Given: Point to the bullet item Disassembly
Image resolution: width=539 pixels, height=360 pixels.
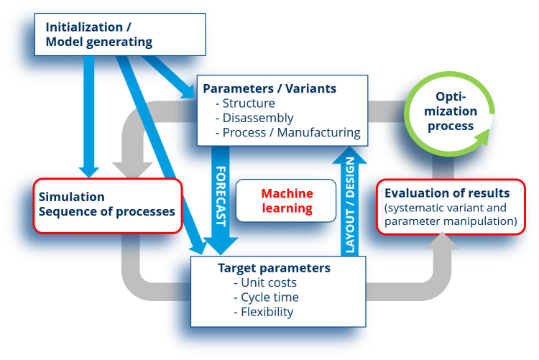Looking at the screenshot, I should click(x=258, y=118).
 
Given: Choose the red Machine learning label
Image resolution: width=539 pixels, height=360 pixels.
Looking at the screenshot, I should click(x=287, y=200).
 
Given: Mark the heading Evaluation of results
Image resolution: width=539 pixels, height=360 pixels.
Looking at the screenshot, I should click(x=447, y=193).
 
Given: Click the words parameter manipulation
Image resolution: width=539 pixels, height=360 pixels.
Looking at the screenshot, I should click(x=451, y=221).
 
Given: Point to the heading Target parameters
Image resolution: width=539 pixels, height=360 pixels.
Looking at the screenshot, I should click(x=274, y=268).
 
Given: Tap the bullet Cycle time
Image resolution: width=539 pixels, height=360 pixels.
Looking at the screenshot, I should click(x=269, y=297).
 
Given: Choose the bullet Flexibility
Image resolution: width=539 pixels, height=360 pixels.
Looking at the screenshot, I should click(x=267, y=311).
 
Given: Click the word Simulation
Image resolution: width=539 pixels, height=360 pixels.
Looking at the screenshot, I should click(x=72, y=197).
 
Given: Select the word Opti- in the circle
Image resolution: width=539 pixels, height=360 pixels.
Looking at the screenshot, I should click(x=451, y=97).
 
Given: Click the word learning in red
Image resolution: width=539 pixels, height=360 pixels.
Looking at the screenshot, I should click(x=287, y=208).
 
